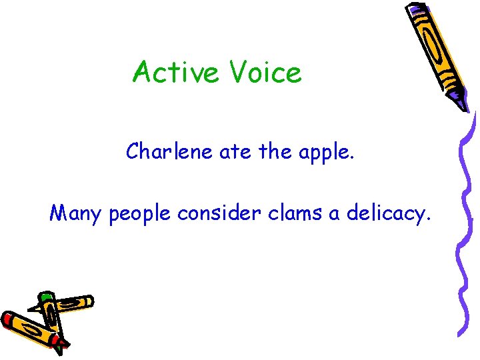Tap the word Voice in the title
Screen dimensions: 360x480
(x=266, y=72)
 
